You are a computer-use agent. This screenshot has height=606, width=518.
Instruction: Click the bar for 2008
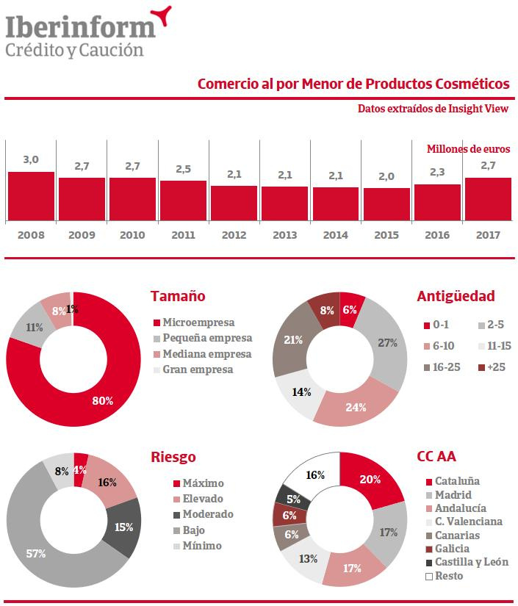pos(31,195)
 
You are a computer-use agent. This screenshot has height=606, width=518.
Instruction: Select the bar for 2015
pos(386,203)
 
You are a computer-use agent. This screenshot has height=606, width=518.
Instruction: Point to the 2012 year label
pos(234,236)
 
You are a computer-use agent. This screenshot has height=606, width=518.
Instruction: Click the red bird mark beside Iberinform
pos(162,12)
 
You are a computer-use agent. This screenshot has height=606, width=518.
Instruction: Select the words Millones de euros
pos(468,148)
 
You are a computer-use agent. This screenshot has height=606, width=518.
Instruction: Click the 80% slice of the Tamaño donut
pos(103,400)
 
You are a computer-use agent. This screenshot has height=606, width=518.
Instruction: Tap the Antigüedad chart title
pos(456,297)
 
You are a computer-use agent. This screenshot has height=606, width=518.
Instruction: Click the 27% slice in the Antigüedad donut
pos(387,343)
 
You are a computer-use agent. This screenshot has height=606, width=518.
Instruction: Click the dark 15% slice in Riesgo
pos(123,527)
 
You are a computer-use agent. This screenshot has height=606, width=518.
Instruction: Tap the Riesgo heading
pos(173,457)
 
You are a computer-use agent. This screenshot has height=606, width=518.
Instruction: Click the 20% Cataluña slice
pos(370,480)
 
